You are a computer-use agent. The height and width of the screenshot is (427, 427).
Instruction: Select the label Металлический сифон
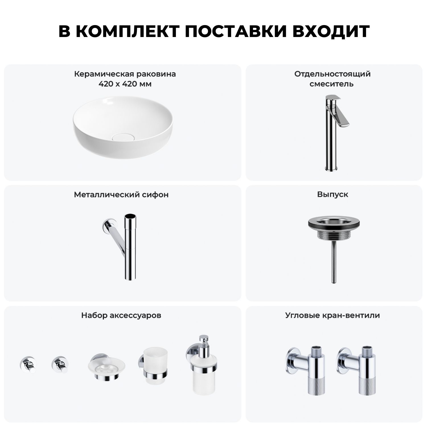tap(121, 195)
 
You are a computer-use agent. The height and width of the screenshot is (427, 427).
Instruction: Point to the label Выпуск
tap(333, 194)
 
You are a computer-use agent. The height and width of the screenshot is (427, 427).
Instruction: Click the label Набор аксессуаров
tap(121, 315)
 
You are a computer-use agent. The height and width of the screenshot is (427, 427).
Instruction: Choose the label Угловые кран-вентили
tap(333, 315)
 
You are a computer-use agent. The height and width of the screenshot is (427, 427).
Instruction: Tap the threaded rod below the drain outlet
tap(333, 266)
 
